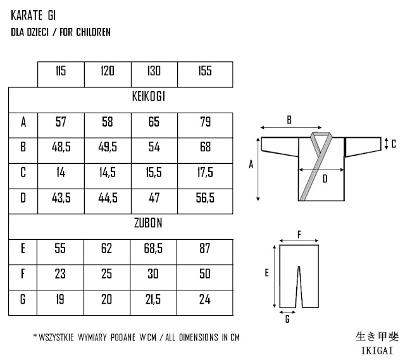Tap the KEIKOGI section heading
coord(149,97)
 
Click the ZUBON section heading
coord(149,223)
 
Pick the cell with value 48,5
coord(61,147)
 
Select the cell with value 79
coord(204,122)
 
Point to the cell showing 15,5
coord(154,173)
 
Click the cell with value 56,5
coord(204,198)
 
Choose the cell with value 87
coord(204,249)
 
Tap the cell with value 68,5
coord(154,249)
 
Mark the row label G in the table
coord(23,299)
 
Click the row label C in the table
coord(23,173)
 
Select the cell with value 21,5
coord(154,299)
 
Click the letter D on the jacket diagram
coord(325,180)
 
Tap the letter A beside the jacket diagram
coord(251,164)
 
